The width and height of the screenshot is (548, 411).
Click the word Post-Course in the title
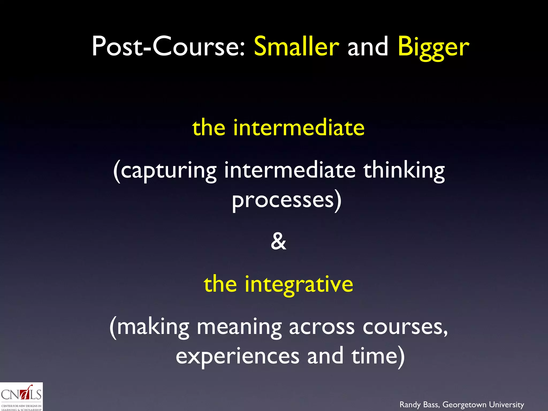tap(168, 47)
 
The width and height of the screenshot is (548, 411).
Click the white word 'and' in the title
tap(368, 47)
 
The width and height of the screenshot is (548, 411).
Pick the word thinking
tap(404, 171)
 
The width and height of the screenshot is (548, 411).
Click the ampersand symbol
tap(278, 241)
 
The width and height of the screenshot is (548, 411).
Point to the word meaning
tap(239, 328)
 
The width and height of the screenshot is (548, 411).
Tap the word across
tap(322, 328)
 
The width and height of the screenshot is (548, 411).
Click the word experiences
tap(238, 356)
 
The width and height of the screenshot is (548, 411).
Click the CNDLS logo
tap(21, 397)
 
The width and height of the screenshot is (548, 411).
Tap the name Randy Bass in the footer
tap(419, 405)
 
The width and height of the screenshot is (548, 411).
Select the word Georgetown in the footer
tap(465, 405)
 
